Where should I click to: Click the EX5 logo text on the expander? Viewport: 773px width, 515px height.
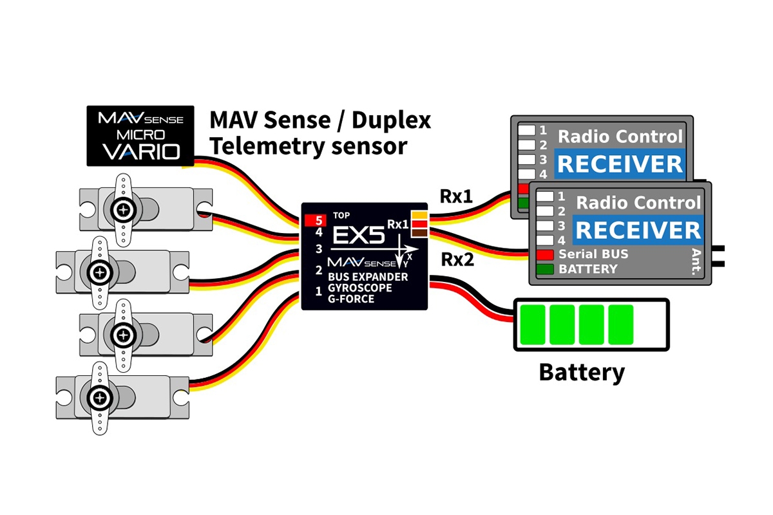tap(358, 236)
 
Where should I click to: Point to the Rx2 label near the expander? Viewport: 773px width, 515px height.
tap(458, 260)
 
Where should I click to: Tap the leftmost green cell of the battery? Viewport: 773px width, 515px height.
tap(532, 324)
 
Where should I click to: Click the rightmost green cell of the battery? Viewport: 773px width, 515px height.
tap(621, 324)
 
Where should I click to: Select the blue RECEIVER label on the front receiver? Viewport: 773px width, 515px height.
tap(637, 230)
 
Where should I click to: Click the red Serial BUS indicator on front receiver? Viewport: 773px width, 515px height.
tap(545, 254)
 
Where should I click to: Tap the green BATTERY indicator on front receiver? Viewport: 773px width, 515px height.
tap(545, 269)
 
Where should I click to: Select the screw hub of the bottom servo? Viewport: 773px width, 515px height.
tap(100, 398)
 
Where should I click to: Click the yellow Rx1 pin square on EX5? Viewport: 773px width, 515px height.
tap(419, 214)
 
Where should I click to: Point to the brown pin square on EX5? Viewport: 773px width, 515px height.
tap(419, 233)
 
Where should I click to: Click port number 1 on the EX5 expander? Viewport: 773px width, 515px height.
tap(318, 291)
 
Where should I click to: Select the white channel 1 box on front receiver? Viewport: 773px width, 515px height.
tap(545, 196)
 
